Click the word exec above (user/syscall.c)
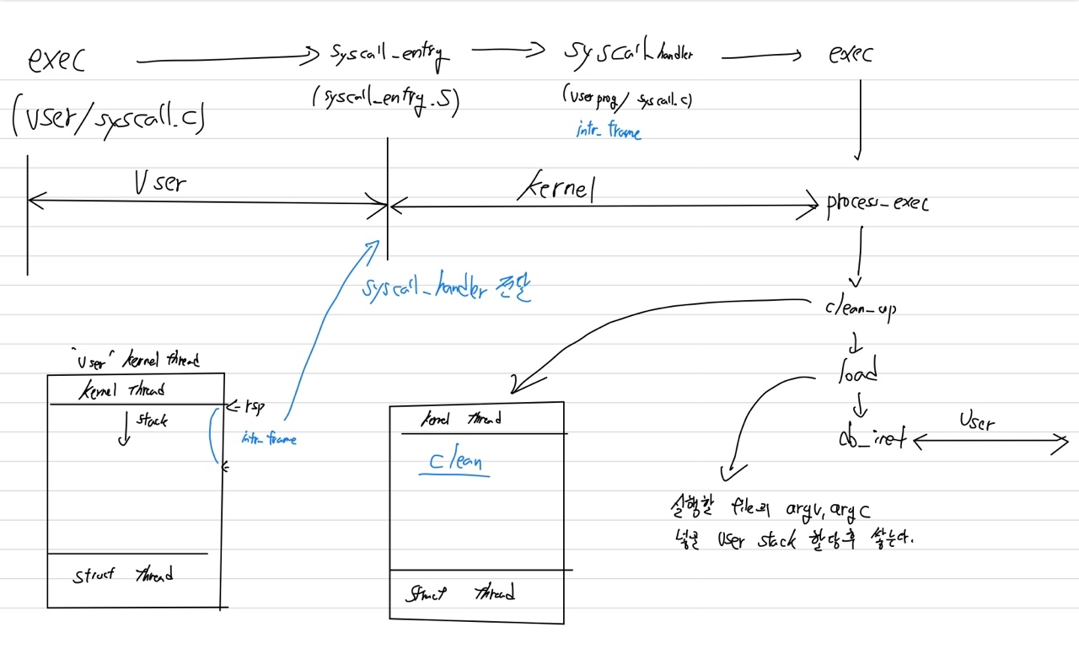(x=56, y=59)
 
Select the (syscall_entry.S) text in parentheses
(x=385, y=99)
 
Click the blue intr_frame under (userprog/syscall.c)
(x=608, y=131)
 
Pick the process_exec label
(x=877, y=204)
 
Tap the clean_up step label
(x=860, y=308)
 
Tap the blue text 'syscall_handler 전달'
(x=447, y=289)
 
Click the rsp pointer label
(x=251, y=406)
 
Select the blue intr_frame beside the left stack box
(x=269, y=438)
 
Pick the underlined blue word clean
(x=455, y=463)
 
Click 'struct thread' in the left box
(x=123, y=576)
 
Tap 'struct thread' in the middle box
(x=460, y=593)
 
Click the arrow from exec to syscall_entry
(x=223, y=59)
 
